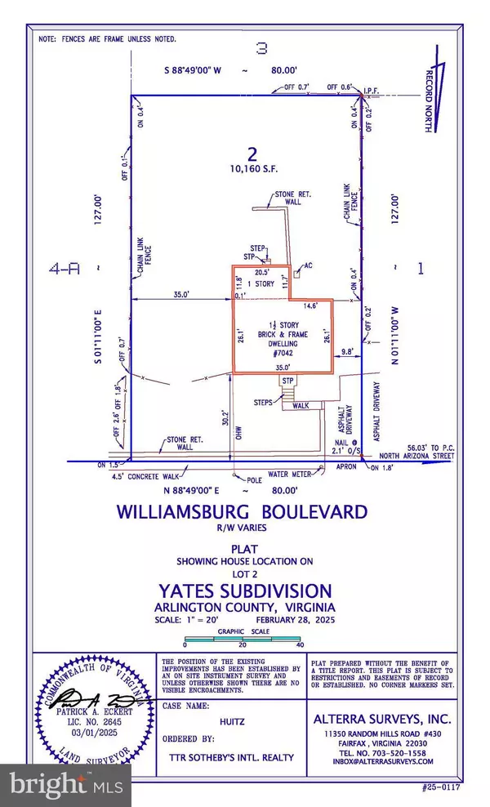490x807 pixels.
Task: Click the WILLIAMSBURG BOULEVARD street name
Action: (242, 514)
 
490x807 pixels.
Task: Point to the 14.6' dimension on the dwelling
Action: (313, 305)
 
